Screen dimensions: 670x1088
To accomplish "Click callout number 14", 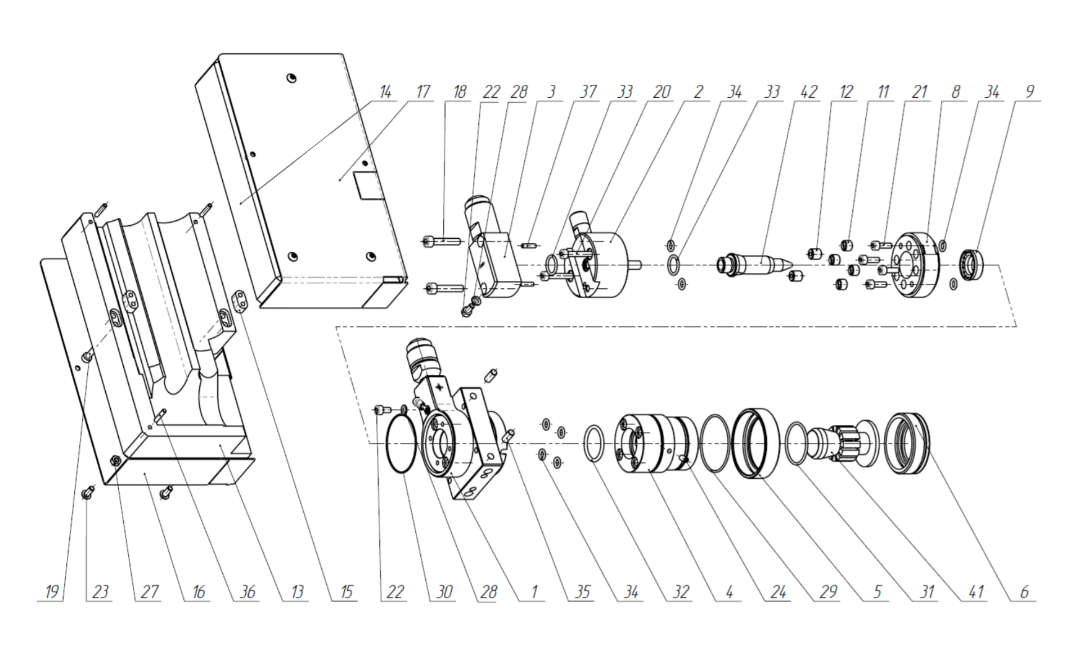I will tap(385, 92).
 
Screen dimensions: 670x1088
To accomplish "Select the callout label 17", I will tap(423, 92).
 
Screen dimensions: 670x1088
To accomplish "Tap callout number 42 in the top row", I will tap(808, 92).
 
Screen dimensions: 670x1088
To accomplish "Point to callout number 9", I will tap(1029, 92).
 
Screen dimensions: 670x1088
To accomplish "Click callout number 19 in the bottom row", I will tap(52, 592).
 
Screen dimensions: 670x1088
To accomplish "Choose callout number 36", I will tap(248, 592).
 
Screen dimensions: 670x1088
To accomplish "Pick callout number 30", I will tap(444, 592).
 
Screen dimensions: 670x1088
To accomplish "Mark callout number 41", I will tap(975, 592).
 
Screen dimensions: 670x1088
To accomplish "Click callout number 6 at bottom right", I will tap(1024, 592).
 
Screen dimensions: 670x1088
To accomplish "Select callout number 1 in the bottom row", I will tap(534, 592).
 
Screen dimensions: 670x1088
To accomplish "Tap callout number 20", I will tap(662, 92).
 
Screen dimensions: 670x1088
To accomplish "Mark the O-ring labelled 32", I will tap(598, 443).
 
